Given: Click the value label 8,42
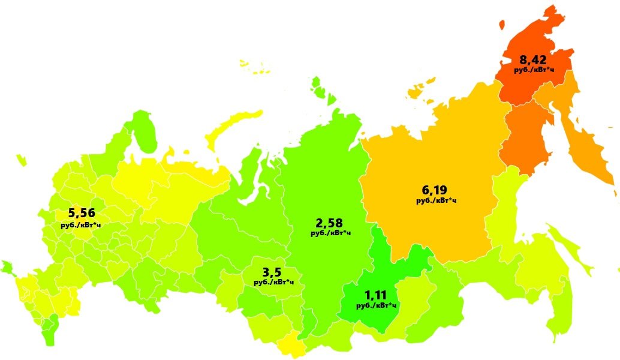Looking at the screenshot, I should tap(534, 60).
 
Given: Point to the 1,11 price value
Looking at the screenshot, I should tap(377, 295).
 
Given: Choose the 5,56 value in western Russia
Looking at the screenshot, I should tap(82, 213).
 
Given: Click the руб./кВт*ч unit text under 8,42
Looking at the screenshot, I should tap(534, 70).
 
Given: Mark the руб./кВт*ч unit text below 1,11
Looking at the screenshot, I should tap(377, 305).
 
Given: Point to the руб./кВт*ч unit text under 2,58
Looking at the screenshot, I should tap(330, 233).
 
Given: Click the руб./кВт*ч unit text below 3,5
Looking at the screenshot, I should tap(273, 281).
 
